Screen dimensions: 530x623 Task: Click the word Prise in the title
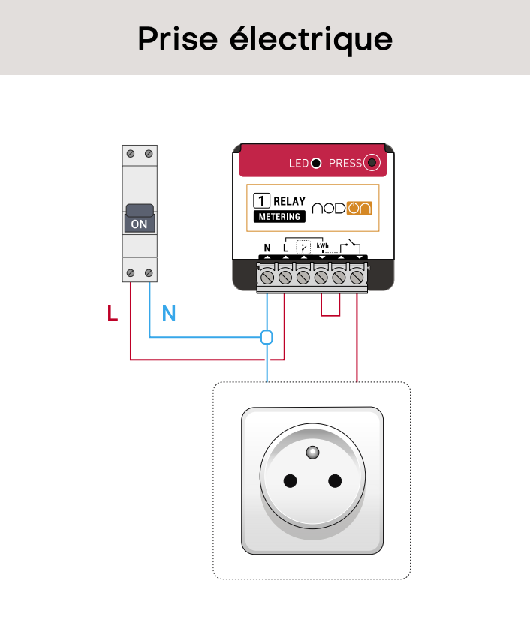178,39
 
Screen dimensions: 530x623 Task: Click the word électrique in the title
311,40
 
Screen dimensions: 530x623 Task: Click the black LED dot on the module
316,163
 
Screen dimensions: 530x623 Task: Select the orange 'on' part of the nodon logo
360,208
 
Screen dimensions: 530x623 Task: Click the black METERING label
280,216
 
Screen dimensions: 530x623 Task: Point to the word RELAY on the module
289,201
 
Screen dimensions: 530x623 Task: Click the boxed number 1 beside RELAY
261,200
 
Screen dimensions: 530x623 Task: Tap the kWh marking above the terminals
323,246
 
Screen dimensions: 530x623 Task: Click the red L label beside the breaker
113,313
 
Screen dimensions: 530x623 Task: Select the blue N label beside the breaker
169,313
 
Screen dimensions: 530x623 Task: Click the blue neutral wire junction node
267,337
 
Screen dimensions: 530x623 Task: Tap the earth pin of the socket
313,452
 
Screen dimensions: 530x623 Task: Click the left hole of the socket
290,480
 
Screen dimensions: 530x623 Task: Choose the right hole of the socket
335,480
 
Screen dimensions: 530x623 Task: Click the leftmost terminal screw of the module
267,277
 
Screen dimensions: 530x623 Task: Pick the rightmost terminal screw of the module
357,277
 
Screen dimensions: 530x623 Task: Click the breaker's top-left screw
131,154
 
